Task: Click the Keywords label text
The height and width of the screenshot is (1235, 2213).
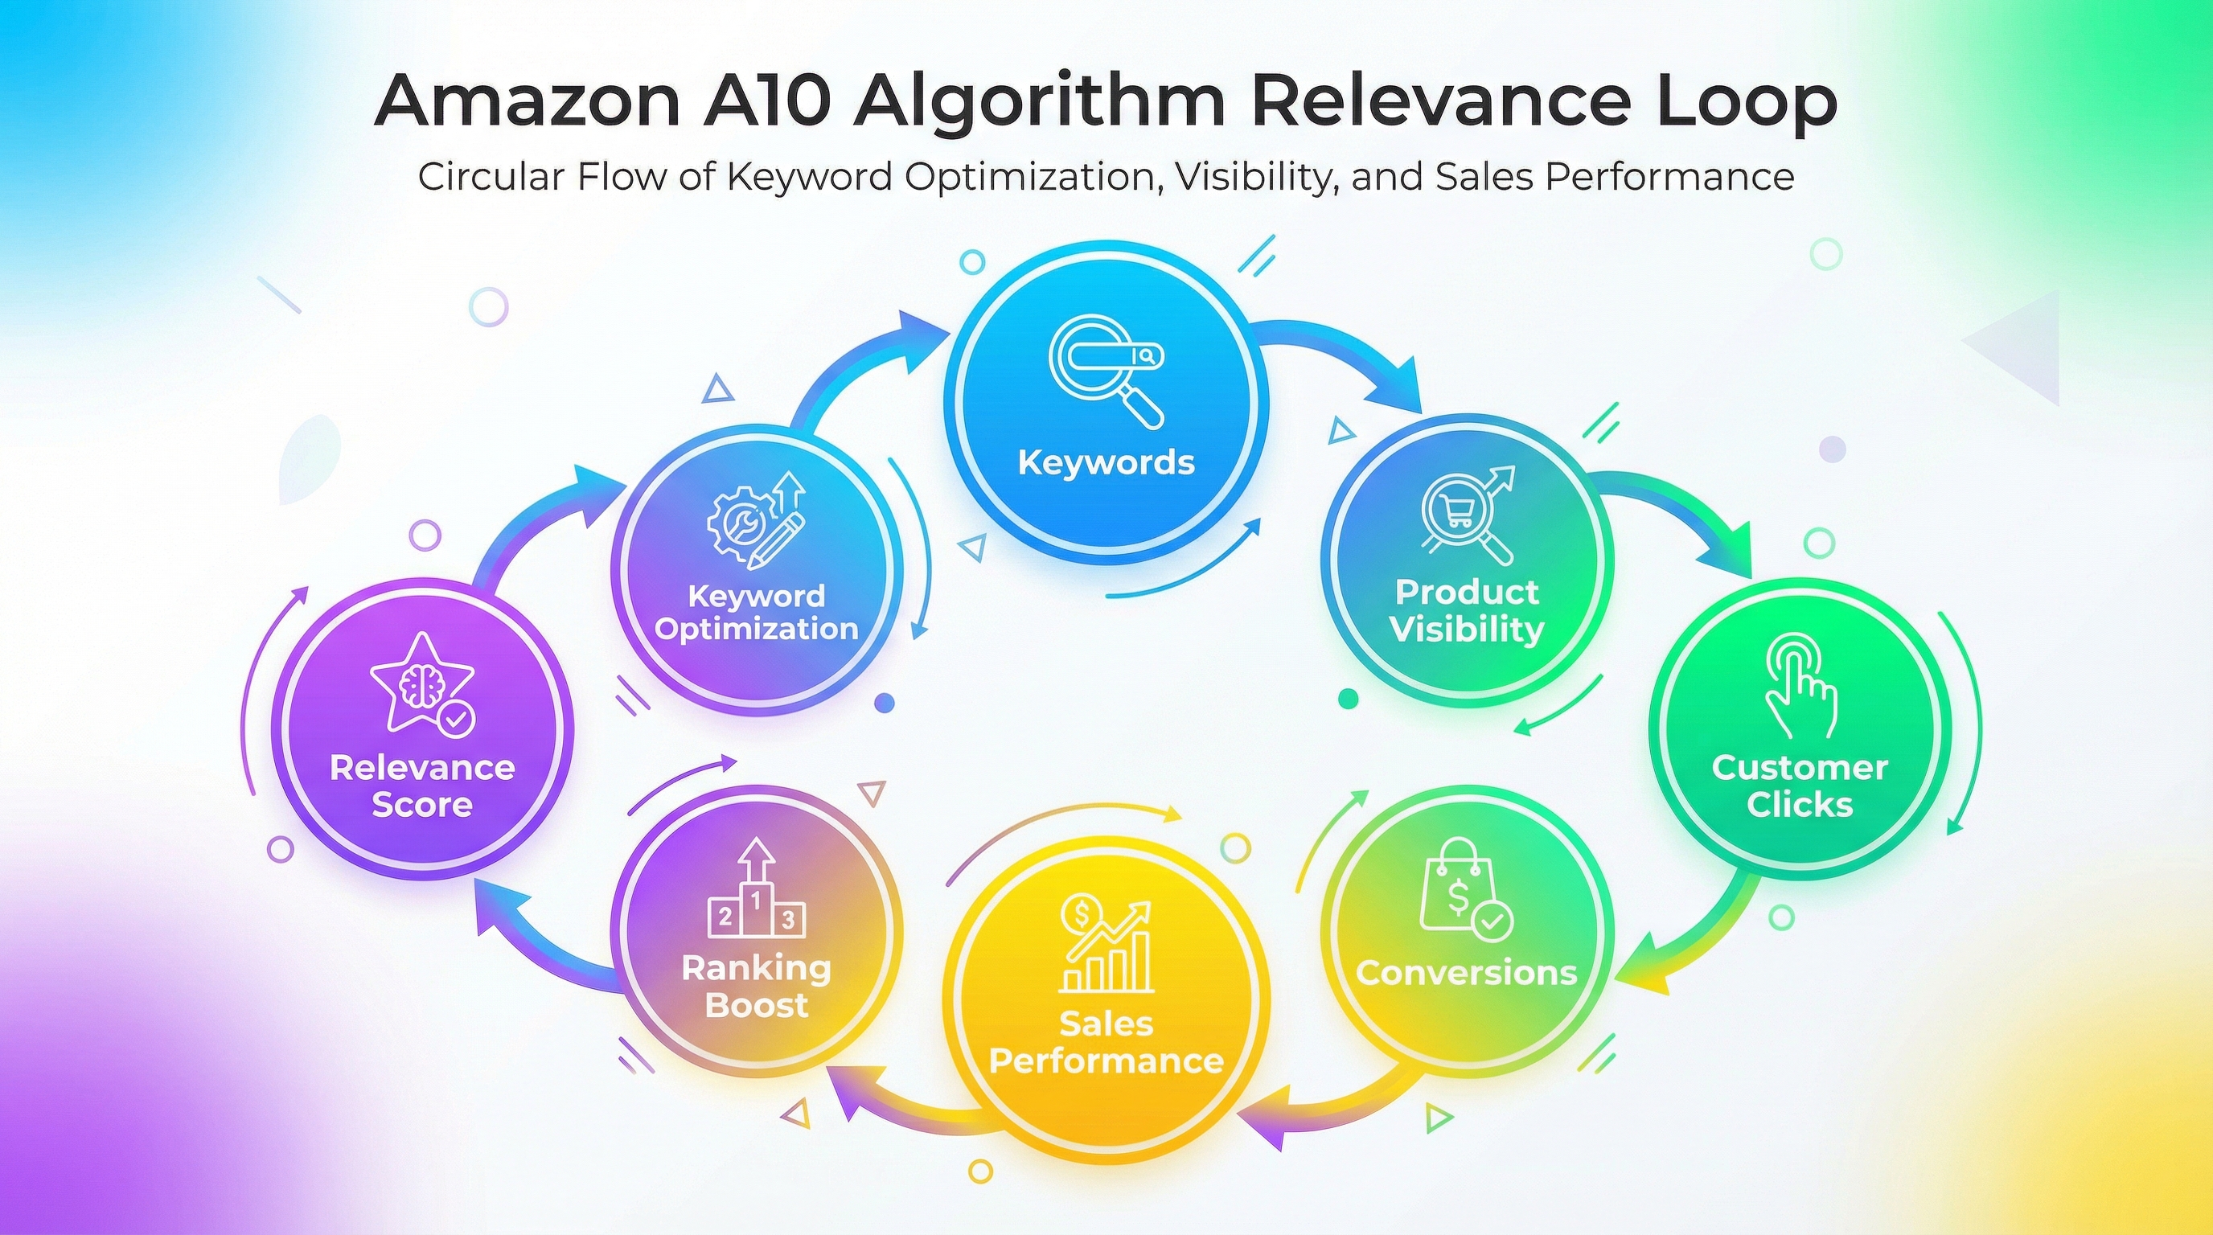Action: point(1106,463)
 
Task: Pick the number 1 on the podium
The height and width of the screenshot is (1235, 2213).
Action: point(756,900)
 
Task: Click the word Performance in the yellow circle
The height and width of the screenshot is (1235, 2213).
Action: point(1106,1061)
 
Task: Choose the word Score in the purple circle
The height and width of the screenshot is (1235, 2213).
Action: point(422,805)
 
